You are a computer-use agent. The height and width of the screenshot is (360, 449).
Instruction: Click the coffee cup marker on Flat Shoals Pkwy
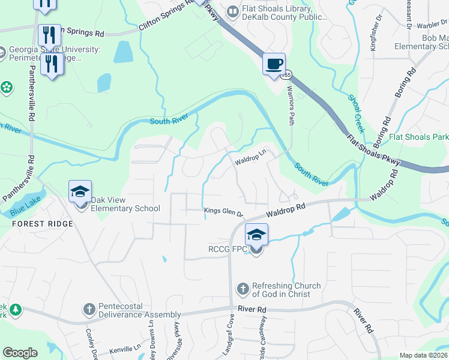[274, 64]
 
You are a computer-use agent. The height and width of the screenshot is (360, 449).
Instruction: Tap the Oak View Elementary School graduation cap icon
[80, 192]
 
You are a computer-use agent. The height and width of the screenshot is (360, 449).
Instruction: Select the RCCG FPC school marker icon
[256, 235]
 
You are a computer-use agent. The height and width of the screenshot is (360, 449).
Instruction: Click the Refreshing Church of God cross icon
[243, 290]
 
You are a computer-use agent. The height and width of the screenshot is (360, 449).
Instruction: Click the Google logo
[20, 353]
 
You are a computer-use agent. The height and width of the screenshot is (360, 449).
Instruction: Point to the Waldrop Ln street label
[250, 160]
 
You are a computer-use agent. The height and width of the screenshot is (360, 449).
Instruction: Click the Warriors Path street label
[291, 110]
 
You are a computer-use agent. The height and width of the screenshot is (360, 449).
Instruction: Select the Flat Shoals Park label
[418, 137]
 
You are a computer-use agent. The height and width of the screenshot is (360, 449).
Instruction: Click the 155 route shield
[288, 75]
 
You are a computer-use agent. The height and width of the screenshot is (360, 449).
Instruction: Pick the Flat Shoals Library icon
[232, 11]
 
